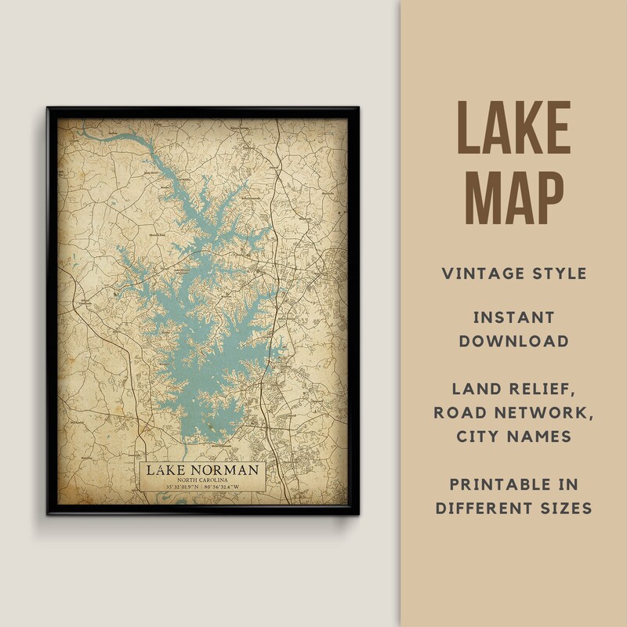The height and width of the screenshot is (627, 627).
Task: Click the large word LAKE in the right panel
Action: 513,127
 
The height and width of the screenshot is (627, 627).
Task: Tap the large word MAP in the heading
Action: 513,198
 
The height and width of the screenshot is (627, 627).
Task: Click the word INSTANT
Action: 513,317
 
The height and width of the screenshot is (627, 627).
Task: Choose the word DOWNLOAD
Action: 513,341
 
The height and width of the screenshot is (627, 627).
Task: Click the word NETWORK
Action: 546,412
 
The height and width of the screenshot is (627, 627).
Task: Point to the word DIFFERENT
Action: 488,507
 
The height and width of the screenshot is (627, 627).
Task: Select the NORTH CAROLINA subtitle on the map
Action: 202,480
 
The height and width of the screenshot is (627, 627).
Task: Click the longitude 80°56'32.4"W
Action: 226,488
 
